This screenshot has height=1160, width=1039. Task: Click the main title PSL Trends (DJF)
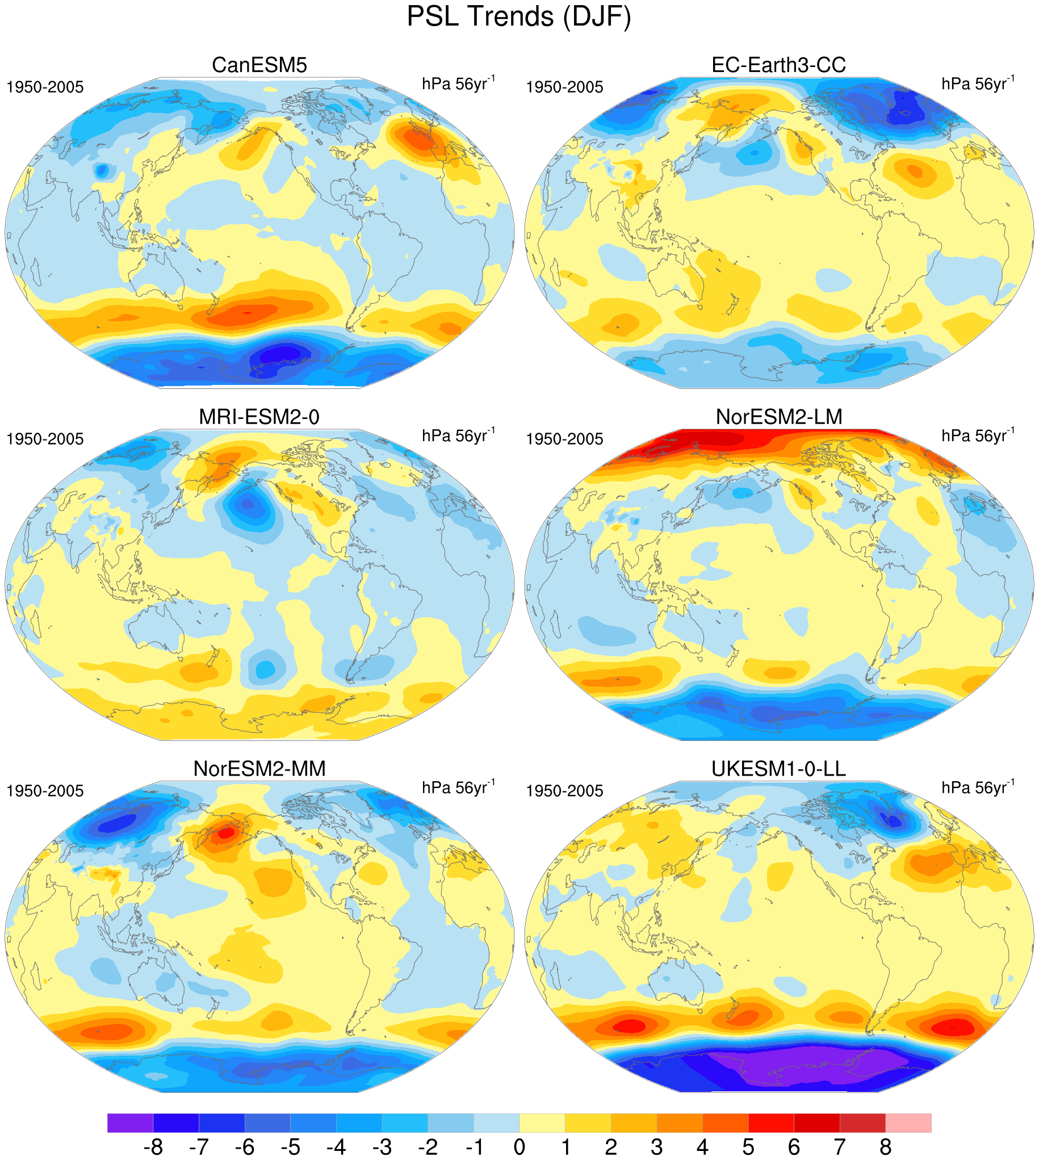[519, 16]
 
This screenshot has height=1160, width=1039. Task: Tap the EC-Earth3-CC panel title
[778, 65]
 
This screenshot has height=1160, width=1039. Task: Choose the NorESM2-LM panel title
[778, 417]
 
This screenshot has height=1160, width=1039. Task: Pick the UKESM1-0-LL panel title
[778, 768]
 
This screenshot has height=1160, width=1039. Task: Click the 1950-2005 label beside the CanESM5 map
[45, 87]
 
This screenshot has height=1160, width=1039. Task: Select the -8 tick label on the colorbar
[153, 1146]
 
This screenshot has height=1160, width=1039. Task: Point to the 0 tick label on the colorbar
[519, 1146]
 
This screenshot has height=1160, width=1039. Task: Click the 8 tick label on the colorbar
[886, 1146]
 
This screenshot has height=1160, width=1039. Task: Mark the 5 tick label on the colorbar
[748, 1146]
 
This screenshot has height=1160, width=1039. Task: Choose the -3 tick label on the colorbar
[382, 1146]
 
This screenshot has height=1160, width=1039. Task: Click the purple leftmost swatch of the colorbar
[130, 1123]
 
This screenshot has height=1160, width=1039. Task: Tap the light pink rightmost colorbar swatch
[908, 1123]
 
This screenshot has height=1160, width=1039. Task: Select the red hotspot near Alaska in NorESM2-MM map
[226, 832]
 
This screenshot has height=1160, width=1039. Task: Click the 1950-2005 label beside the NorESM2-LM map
[564, 439]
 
